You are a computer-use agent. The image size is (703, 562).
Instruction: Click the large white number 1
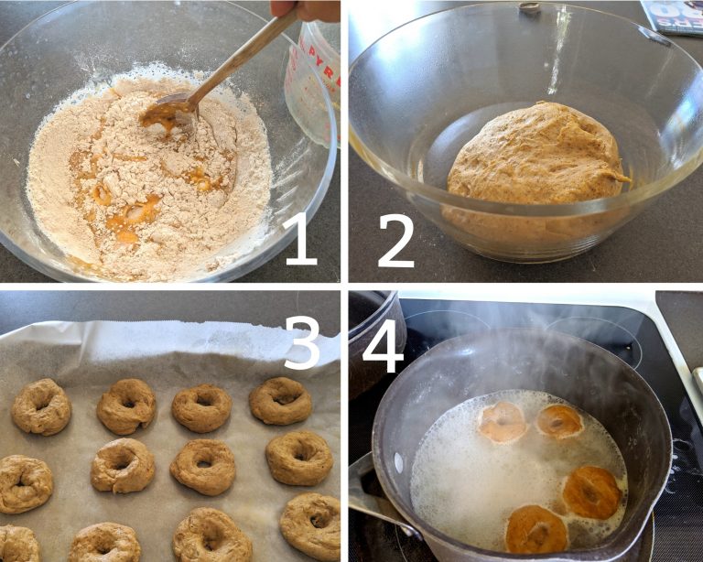point(301,234)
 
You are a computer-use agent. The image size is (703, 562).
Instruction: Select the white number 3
point(303,338)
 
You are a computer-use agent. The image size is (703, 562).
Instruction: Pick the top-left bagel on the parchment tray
point(41,406)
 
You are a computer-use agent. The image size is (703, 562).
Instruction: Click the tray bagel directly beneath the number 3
point(280,401)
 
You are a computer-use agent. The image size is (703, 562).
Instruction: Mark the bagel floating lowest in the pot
point(535,530)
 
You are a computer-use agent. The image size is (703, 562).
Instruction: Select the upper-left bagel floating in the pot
point(503,422)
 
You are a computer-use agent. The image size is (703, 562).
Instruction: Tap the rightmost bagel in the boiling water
point(592,492)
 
